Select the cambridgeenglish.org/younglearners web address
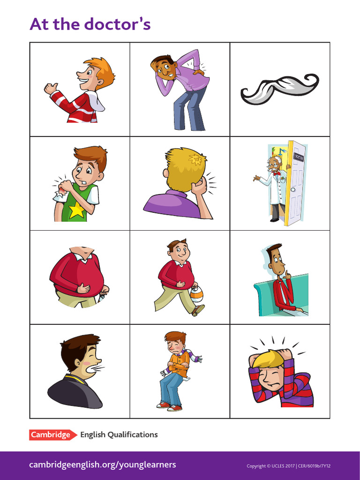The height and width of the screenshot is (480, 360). click(103, 465)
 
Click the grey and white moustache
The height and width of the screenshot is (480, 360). click(279, 88)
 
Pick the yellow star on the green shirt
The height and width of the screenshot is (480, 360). click(77, 210)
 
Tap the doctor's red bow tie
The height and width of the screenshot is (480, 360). click(276, 173)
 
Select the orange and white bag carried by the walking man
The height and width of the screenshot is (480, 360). click(196, 294)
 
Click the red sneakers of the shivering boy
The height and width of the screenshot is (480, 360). click(169, 406)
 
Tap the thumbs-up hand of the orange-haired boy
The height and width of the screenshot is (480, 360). click(50, 88)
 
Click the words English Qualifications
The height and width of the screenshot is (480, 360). click(119, 435)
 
